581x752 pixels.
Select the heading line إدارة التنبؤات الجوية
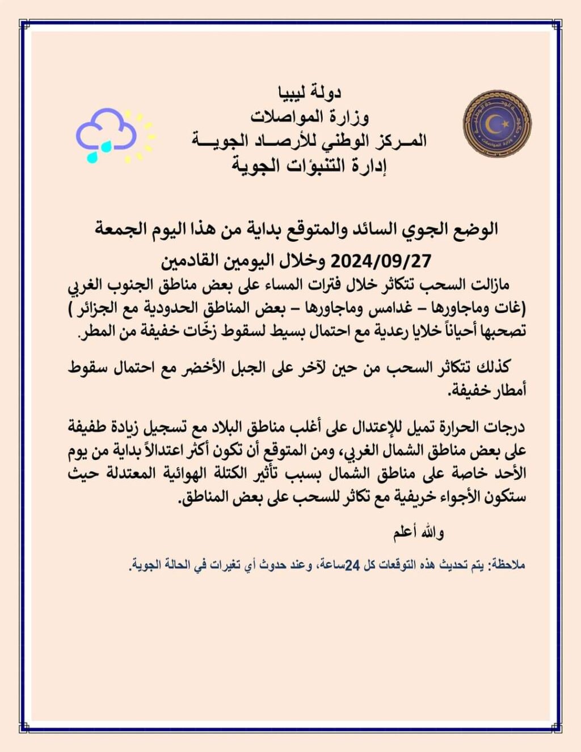(x=309, y=165)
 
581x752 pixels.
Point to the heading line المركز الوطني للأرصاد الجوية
(x=309, y=140)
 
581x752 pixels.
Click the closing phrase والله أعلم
(x=419, y=532)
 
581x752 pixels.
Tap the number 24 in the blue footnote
(x=352, y=565)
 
